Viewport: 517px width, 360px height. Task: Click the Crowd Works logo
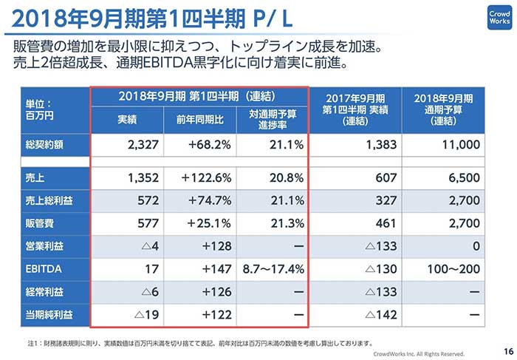pos(496,17)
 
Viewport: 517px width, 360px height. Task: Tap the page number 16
pos(507,350)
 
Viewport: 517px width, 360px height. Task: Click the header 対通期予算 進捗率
pos(272,119)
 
